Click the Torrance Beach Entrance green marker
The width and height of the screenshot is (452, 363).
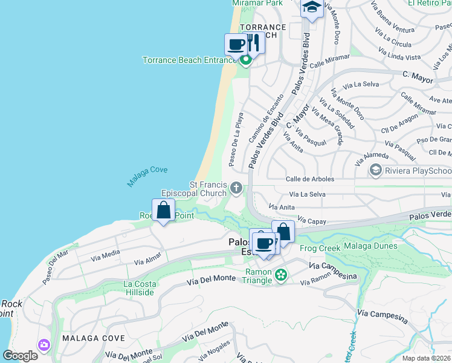245,60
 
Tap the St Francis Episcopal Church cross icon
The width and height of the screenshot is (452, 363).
236,189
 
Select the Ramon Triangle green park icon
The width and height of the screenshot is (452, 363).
281,276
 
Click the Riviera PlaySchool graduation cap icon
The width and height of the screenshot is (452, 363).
376,170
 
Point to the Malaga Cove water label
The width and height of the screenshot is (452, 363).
147,177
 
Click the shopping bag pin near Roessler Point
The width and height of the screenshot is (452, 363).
163,211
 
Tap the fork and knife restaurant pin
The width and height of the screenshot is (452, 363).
254,44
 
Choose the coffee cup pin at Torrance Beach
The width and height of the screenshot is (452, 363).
236,44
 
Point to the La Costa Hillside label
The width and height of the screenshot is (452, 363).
139,288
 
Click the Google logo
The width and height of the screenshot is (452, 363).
21,356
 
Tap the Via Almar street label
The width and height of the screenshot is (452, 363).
148,260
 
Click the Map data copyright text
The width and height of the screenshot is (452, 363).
427,358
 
